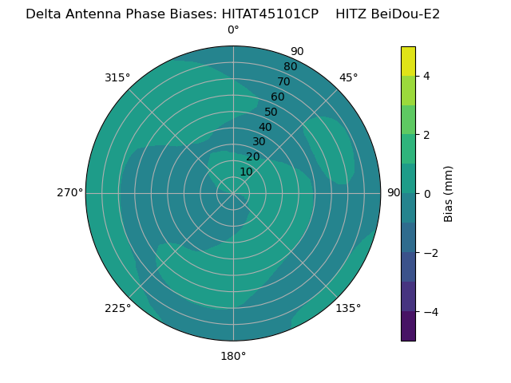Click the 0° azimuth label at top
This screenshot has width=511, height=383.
(x=233, y=30)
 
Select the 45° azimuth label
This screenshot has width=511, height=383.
(x=348, y=78)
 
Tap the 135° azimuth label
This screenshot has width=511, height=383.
(x=348, y=308)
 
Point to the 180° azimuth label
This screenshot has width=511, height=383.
(x=233, y=357)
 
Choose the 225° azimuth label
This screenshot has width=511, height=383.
(x=117, y=308)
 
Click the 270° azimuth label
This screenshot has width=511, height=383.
(x=70, y=193)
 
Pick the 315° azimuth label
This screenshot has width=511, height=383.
(x=117, y=78)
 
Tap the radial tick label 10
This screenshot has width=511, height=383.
(x=246, y=172)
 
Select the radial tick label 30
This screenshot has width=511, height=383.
(x=259, y=142)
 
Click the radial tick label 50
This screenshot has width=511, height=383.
(x=271, y=112)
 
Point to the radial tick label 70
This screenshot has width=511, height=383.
(x=283, y=81)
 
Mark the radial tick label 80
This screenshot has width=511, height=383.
(x=291, y=67)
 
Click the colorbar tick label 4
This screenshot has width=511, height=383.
(x=426, y=77)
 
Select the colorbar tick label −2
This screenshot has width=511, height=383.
(x=431, y=253)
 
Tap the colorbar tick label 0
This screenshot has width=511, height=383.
(x=427, y=194)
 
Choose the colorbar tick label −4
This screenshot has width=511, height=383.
(x=431, y=312)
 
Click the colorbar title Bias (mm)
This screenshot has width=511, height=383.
(x=449, y=194)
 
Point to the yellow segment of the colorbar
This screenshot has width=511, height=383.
(x=408, y=61)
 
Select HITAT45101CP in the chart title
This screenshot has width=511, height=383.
(x=270, y=14)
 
